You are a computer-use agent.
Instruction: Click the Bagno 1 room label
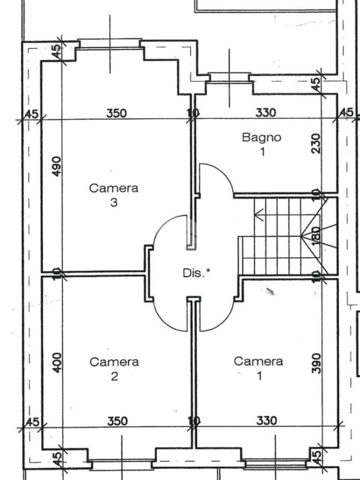click(x=262, y=144)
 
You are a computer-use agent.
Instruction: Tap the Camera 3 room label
click(x=113, y=195)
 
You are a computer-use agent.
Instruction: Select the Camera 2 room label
click(x=114, y=368)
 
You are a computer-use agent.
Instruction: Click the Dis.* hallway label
click(x=196, y=272)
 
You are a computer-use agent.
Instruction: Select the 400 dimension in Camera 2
click(x=57, y=362)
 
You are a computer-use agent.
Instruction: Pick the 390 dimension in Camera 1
click(x=316, y=363)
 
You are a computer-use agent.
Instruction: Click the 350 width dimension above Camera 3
click(x=116, y=113)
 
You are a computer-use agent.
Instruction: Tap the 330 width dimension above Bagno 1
click(x=265, y=112)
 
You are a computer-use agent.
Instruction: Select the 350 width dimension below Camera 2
click(x=118, y=421)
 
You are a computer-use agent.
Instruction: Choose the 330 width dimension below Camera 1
click(x=267, y=420)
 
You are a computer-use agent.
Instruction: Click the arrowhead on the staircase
click(x=259, y=215)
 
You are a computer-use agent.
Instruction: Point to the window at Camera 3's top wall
click(x=110, y=43)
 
